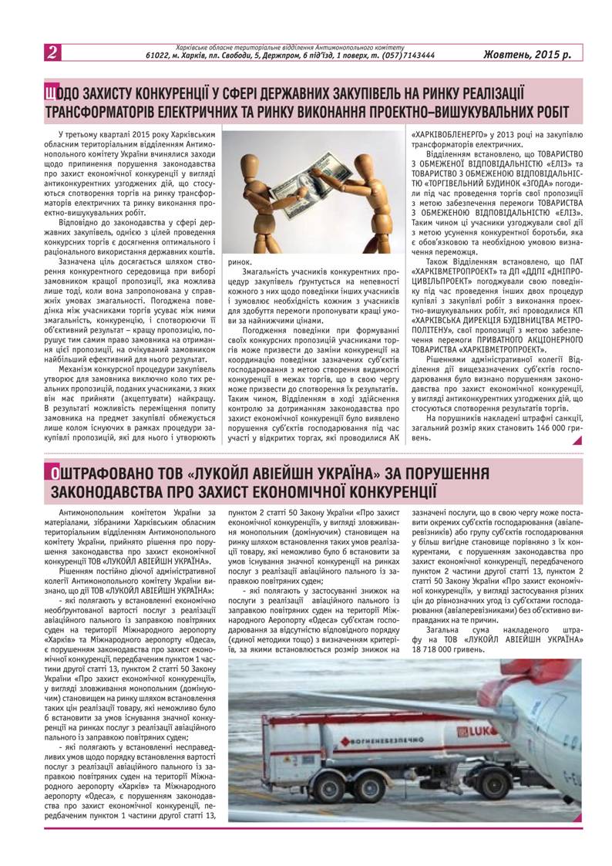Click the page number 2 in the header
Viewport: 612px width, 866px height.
(x=52, y=53)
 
